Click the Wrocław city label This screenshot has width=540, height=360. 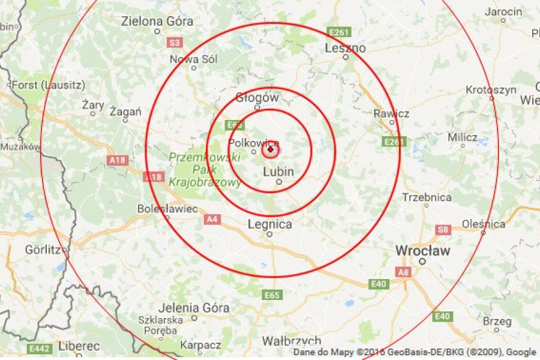[x=422, y=251]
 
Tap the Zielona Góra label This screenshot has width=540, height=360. [x=157, y=22]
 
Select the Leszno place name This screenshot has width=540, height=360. [x=345, y=48]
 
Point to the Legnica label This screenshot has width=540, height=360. [x=270, y=224]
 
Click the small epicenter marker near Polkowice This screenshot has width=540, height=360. [x=271, y=149]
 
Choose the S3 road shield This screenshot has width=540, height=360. [x=175, y=43]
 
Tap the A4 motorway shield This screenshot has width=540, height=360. [x=212, y=220]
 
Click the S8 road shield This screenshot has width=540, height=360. [x=443, y=230]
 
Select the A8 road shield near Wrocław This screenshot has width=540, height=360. [x=403, y=272]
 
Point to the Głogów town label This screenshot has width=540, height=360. [x=257, y=97]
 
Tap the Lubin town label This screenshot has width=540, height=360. [x=278, y=172]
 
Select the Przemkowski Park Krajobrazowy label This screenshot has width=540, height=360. [x=205, y=170]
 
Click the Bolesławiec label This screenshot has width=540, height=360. [x=167, y=209]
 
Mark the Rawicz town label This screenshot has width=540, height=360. [x=391, y=113]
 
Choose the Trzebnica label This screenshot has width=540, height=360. [x=427, y=197]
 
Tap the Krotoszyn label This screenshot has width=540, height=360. [x=491, y=90]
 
